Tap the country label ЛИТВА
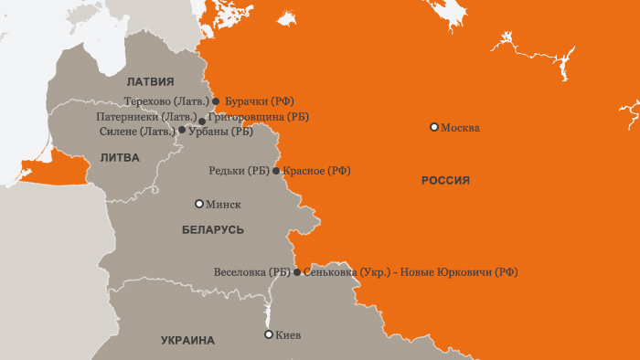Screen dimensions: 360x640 (120, 157)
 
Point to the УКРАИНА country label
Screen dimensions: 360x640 (187, 340)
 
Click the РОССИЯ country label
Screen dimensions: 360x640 (445, 181)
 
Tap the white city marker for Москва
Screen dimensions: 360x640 (434, 127)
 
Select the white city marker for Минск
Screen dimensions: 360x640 (199, 204)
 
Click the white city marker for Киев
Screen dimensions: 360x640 (268, 334)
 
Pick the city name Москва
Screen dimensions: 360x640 (460, 128)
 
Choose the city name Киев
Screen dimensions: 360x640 (287, 335)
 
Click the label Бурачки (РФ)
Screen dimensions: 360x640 (259, 101)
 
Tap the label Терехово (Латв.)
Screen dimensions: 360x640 (166, 101)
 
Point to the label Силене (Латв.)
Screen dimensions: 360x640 (136, 131)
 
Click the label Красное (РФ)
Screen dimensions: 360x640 (316, 171)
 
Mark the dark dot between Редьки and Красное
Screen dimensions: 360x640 (276, 170)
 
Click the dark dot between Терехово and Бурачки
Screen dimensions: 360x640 (216, 101)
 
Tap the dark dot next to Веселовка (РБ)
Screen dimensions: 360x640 (296, 272)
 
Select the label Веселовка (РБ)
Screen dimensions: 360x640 (251, 272)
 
